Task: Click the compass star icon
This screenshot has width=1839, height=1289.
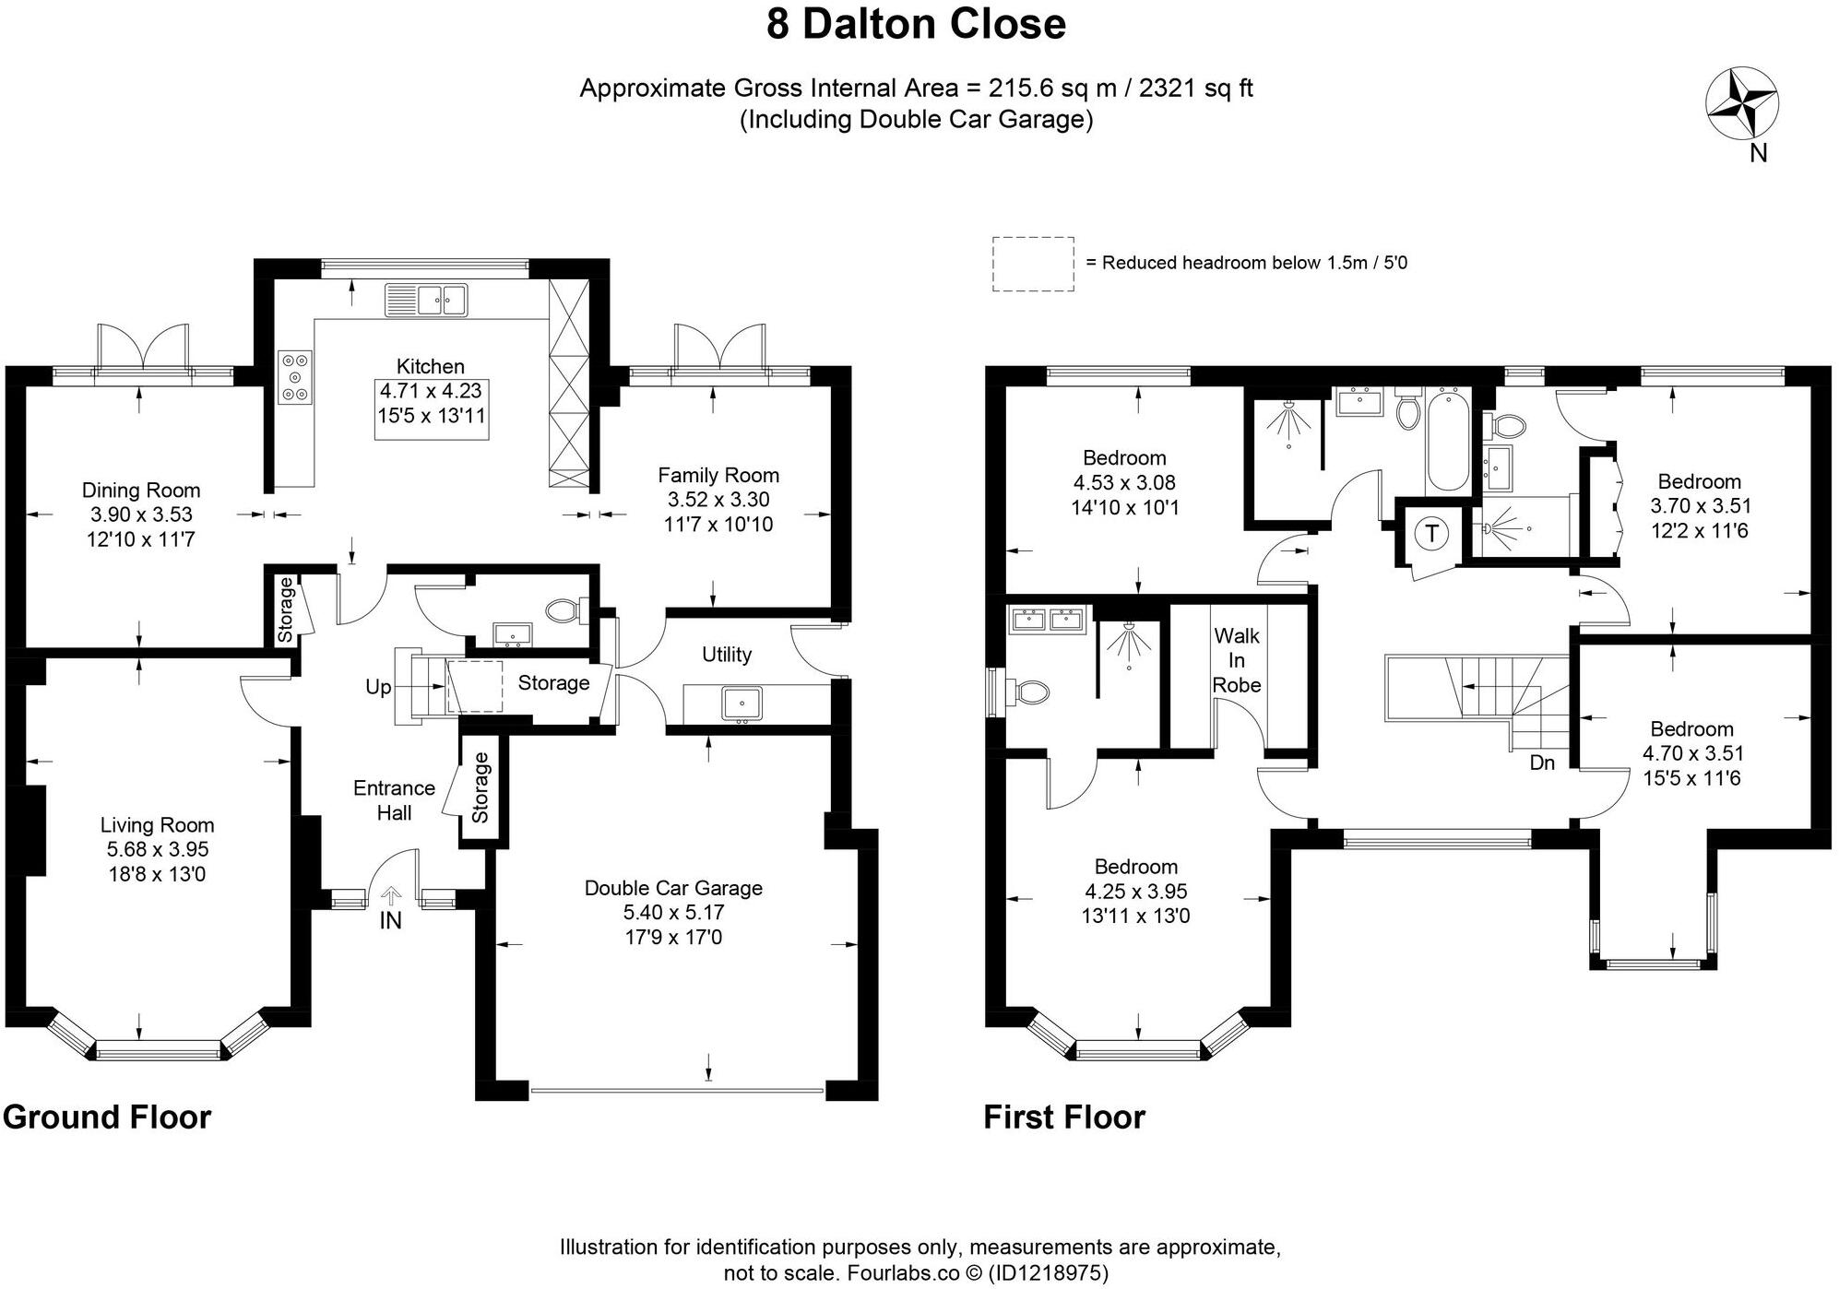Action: [x=1741, y=104]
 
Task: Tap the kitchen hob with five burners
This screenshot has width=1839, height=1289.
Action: [x=295, y=377]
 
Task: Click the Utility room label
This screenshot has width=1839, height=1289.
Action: [x=727, y=655]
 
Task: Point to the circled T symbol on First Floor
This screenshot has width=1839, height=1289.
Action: [x=1431, y=533]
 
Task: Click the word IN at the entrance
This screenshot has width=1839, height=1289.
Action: [x=391, y=920]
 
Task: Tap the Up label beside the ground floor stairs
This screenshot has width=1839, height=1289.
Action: [x=378, y=687]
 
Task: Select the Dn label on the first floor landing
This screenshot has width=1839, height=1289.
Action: [x=1542, y=763]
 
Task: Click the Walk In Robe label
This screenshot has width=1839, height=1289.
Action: [x=1237, y=660]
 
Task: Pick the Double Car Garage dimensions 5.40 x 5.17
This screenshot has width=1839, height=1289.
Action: [x=673, y=913]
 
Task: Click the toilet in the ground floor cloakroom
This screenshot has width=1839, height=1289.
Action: [x=564, y=609]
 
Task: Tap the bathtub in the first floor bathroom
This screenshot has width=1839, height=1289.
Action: [x=1447, y=440]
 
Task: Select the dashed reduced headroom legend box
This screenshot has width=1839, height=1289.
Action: [x=1033, y=264]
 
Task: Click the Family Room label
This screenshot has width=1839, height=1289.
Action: [x=718, y=476]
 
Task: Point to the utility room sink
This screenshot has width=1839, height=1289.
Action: [x=742, y=704]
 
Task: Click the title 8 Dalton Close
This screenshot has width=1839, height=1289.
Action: [x=916, y=24]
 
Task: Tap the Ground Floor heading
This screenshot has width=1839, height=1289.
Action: [x=107, y=1118]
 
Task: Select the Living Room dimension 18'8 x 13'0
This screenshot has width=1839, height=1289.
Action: [x=157, y=874]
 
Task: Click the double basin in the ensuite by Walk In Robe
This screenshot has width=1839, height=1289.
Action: [x=1048, y=618]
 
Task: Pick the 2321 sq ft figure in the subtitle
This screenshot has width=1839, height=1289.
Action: [x=1196, y=89]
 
